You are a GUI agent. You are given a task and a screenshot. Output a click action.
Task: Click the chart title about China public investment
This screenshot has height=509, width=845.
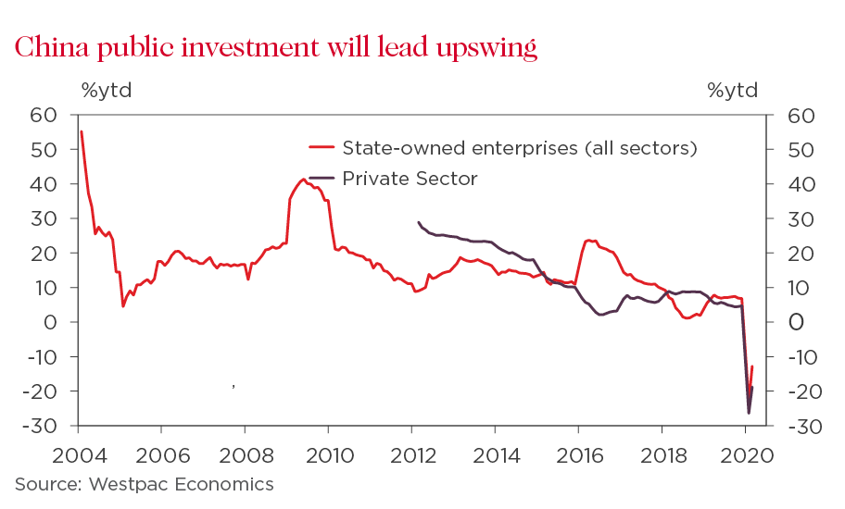click(x=275, y=47)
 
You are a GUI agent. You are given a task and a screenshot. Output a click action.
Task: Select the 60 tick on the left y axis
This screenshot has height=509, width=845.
click(x=43, y=115)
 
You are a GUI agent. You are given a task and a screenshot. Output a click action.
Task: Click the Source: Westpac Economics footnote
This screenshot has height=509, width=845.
click(x=144, y=484)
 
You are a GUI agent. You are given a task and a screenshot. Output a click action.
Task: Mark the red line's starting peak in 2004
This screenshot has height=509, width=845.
click(x=82, y=131)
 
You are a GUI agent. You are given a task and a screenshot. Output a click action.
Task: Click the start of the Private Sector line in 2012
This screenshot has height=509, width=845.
click(x=418, y=222)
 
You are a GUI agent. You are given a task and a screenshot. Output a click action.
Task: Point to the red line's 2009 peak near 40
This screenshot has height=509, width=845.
click(x=304, y=180)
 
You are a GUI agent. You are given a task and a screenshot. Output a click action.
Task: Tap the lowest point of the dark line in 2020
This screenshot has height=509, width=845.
click(x=749, y=413)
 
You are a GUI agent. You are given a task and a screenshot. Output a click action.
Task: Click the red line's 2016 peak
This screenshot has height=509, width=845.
click(x=588, y=240)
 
